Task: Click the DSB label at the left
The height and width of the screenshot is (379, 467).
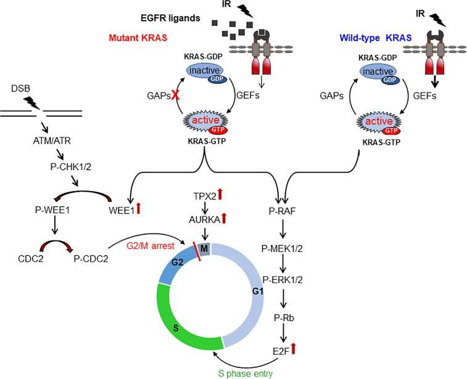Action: pos(22,91)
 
